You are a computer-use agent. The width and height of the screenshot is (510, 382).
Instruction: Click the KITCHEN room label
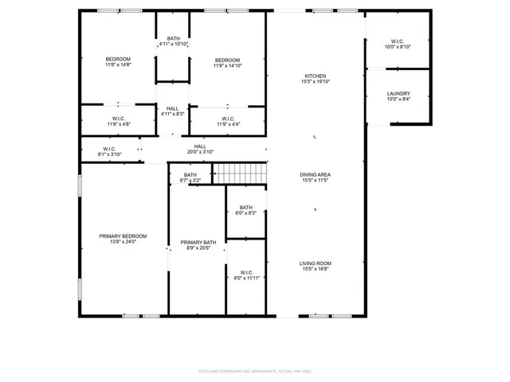pyautogui.click(x=315, y=76)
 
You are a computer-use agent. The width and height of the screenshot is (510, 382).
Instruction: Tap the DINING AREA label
pyautogui.click(x=315, y=174)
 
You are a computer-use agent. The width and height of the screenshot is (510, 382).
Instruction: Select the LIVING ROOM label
pyautogui.click(x=315, y=263)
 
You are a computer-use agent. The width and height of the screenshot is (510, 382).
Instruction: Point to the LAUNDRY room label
pyautogui.click(x=398, y=94)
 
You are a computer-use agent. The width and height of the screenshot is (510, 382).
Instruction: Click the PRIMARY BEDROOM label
pyautogui.click(x=123, y=236)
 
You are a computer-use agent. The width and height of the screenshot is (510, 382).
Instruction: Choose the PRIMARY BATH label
pyautogui.click(x=198, y=243)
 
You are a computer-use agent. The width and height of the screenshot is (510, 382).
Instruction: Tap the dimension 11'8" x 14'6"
pyautogui.click(x=118, y=66)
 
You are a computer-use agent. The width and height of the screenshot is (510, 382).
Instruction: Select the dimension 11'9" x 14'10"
pyautogui.click(x=227, y=66)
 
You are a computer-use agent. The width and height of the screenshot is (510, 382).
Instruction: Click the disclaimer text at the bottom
pyautogui.click(x=254, y=371)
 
